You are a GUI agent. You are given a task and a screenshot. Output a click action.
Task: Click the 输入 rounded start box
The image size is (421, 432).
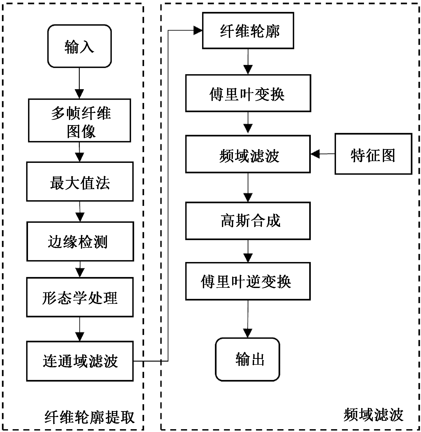coord(79,46)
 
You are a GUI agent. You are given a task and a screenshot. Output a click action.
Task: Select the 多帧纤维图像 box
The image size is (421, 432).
coord(79,120)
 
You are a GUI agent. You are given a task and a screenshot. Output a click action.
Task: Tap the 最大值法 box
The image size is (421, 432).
coord(80,181)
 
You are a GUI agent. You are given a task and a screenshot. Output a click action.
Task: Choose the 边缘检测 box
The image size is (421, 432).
coord(80,241)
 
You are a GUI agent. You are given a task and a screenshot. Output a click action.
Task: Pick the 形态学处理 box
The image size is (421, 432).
coord(80,297)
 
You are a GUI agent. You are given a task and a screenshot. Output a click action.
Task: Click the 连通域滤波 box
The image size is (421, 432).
coord(80,361)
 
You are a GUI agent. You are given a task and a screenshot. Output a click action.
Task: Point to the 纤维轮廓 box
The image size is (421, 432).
coord(248,31)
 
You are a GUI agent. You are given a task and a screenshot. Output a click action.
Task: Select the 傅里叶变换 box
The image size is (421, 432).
coord(248,93)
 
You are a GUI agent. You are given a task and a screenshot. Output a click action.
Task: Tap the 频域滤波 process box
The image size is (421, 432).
coord(248,154)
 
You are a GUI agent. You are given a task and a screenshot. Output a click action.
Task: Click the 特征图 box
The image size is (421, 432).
coord(373,154)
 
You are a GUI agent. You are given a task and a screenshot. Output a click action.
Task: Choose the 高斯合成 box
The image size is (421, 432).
coord(248,221)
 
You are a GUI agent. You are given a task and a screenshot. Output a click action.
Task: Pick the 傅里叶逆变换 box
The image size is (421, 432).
coord(248,281)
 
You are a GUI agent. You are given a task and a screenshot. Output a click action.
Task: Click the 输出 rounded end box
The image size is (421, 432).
coord(247,359)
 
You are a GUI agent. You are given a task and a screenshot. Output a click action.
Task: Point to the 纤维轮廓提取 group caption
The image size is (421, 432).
coord(89,417)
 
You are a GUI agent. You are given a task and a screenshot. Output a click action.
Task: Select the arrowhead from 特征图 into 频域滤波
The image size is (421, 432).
coord(315,154)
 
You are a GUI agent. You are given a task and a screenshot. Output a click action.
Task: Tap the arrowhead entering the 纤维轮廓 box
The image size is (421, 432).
coord(198,31)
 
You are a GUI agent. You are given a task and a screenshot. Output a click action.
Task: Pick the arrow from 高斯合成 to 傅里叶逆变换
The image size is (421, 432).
coord(248,251)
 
